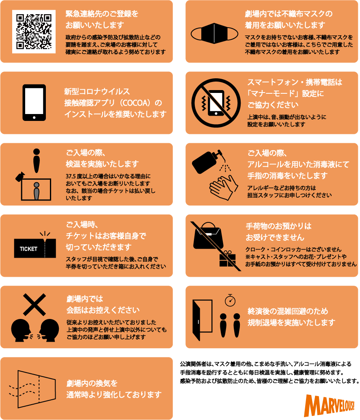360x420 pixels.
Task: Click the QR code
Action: coord(34,32)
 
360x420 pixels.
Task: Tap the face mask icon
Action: coord(214,34)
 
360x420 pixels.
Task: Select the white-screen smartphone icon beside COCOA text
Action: coord(34,103)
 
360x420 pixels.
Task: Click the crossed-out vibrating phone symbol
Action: coord(216,103)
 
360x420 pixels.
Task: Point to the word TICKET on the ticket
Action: coord(28,249)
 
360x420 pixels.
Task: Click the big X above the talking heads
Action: coord(34,305)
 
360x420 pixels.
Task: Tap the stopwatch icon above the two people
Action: coord(230,300)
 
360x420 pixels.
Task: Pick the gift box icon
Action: coord(227,259)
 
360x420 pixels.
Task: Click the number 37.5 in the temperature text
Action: coord(71,176)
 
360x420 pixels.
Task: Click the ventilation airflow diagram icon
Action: coord(33,389)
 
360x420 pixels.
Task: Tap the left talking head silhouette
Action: coord(22,330)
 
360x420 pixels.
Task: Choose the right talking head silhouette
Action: coord(48,330)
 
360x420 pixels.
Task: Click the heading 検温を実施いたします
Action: coord(102,164)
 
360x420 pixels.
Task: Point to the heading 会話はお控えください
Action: coord(103,310)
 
